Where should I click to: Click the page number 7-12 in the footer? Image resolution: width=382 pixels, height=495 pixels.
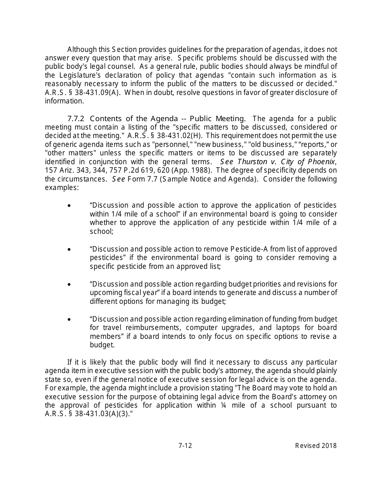[185, 445]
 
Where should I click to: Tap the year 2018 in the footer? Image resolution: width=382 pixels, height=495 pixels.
[329, 445]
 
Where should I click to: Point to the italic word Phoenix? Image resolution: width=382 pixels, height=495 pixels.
[322, 162]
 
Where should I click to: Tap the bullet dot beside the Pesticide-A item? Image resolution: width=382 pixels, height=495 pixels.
[70, 250]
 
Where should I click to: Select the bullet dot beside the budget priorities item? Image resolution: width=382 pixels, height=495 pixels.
[70, 284]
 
